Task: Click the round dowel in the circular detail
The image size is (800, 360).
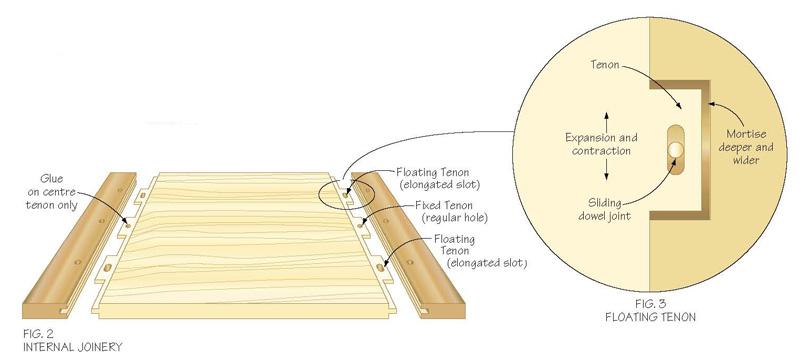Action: (676, 150)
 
